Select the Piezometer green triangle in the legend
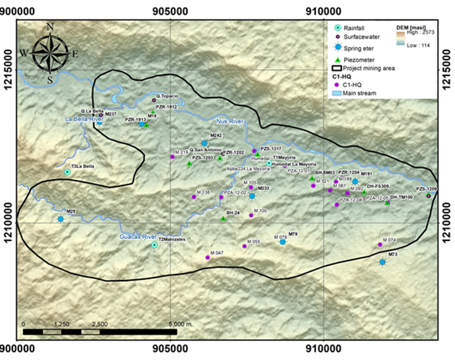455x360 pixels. pos(337,58)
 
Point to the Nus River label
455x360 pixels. pos(230,122)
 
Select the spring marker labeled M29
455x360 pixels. pos(60,219)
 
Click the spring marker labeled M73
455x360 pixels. pos(382,262)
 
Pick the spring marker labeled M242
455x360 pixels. pos(205,143)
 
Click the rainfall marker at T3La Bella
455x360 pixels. pos(68,172)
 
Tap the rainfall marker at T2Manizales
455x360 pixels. pos(155,245)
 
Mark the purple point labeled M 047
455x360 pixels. pos(208,257)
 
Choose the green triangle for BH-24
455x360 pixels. pos(223,218)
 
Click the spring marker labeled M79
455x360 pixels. pos(283,242)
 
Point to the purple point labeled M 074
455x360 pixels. pos(380,245)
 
